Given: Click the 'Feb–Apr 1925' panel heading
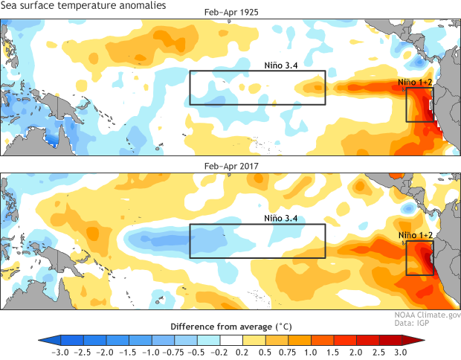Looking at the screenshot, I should coord(231,13).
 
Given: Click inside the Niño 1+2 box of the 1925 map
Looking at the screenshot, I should coord(419,105).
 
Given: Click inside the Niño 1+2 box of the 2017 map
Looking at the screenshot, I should coord(419,258).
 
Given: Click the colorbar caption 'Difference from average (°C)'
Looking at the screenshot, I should coord(230,327).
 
